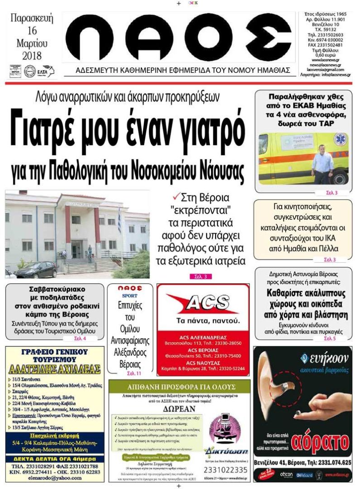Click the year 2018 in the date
click(32, 56)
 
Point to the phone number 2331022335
click(226, 470)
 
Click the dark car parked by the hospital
click(37, 270)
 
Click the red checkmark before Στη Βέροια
click(176, 197)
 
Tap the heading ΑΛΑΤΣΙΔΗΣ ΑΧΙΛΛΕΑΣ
click(55, 369)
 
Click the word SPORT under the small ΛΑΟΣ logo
click(130, 295)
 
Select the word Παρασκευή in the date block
click(32, 19)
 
